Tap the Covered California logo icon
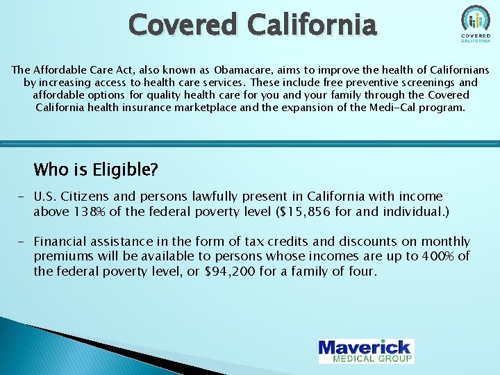tap(475, 20)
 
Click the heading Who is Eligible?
tap(96, 169)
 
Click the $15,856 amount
tap(303, 212)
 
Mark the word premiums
tap(63, 256)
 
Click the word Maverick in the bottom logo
tap(365, 347)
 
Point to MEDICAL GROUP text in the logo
tap(373, 358)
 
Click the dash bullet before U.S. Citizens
tap(13, 197)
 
